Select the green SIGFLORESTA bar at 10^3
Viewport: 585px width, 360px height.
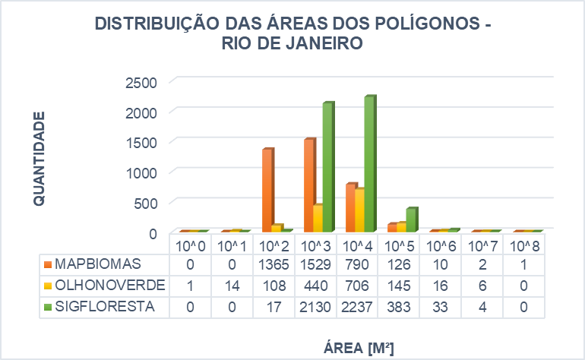pyautogui.click(x=327, y=167)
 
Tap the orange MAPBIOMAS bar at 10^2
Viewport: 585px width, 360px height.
pyautogui.click(x=267, y=190)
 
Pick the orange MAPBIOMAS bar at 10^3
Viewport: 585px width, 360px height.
pyautogui.click(x=308, y=185)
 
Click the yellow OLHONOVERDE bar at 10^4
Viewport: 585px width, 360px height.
pyautogui.click(x=359, y=210)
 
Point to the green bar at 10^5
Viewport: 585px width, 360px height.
pyautogui.click(x=411, y=219)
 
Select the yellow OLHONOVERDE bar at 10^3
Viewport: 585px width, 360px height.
pyautogui.click(x=318, y=218)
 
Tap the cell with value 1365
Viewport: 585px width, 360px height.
pyautogui.click(x=274, y=264)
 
